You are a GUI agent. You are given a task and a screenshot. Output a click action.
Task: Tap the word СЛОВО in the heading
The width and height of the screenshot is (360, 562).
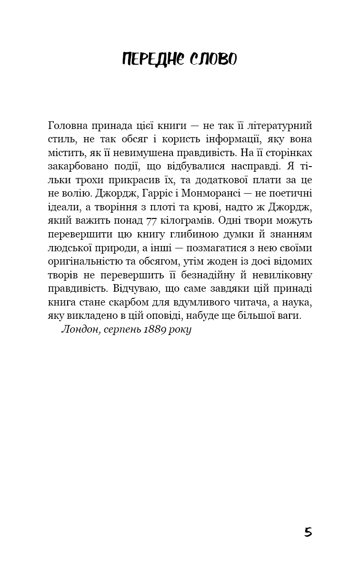(x=212, y=59)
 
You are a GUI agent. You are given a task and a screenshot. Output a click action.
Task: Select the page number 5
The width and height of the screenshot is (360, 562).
(x=308, y=532)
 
